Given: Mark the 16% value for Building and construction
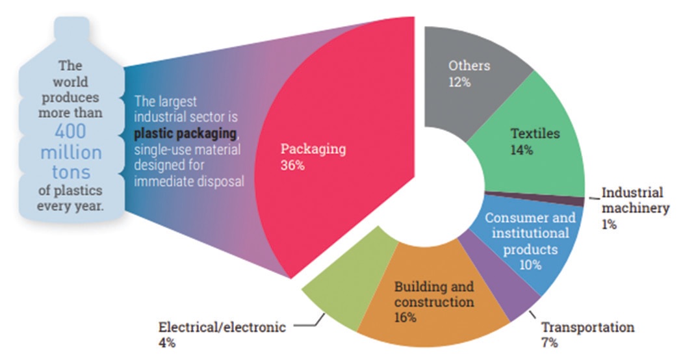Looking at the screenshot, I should click(405, 318).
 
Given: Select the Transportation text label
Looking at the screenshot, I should click(587, 327).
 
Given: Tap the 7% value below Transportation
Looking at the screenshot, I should click(550, 342).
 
